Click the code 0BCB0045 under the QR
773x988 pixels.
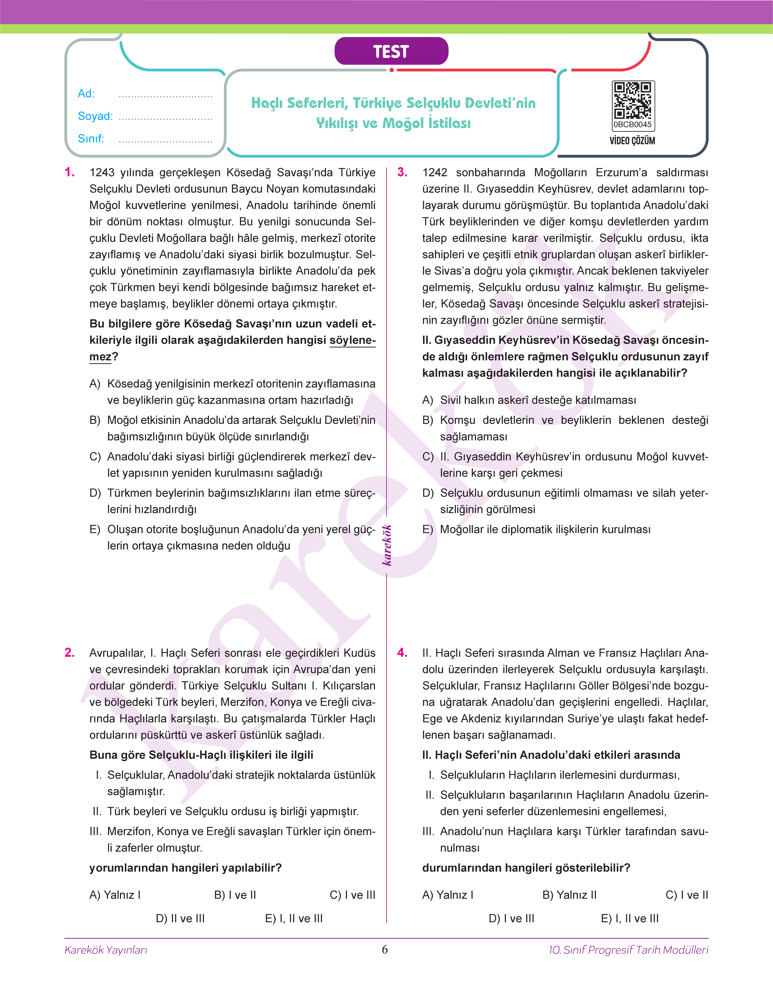(x=632, y=124)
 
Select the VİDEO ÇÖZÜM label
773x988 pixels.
(x=632, y=141)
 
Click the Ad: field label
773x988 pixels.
(x=86, y=94)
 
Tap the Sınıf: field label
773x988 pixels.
(x=90, y=139)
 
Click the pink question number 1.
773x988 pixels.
(x=70, y=172)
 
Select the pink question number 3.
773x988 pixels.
(x=402, y=172)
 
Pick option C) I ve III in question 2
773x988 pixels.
(x=353, y=895)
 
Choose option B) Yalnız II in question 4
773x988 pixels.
(x=569, y=895)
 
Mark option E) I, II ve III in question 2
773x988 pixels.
(x=294, y=918)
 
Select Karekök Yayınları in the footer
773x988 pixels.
(x=106, y=950)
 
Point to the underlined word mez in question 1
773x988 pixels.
(x=100, y=357)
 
